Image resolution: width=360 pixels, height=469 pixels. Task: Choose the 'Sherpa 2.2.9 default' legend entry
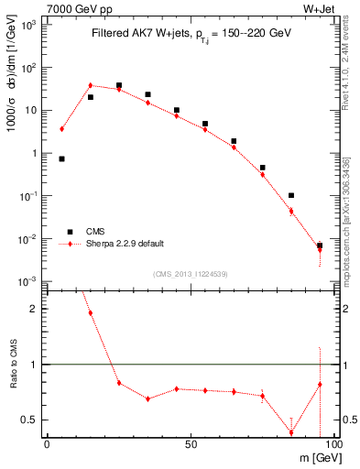pos(125,244)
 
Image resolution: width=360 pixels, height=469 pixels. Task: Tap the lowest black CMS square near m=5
pos(61,158)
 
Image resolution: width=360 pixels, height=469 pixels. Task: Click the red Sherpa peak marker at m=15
pos(91,85)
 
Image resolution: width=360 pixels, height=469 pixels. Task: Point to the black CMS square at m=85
pos(291,195)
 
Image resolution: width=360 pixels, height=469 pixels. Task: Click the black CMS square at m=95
pos(320,245)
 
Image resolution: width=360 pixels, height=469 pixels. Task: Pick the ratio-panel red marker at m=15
pos(91,312)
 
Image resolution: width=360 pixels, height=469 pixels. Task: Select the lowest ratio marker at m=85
pos(291,432)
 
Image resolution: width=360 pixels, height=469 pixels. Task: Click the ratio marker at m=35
pos(147,398)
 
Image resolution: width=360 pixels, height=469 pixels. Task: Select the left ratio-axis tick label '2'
pos(37,309)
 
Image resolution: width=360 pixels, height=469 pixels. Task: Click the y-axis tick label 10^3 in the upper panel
pos(30,25)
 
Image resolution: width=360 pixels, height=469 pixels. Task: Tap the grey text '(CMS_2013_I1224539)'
pos(189,273)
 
